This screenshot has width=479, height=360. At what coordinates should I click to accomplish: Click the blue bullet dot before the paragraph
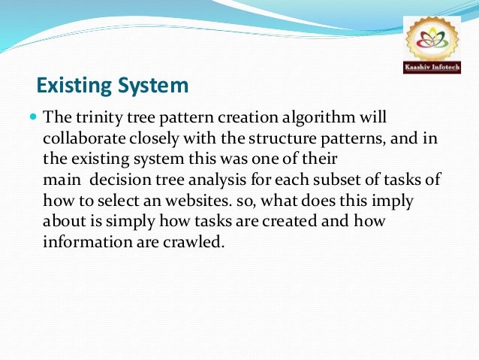pos(33,118)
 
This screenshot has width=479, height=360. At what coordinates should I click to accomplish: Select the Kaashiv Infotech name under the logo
pos(432,68)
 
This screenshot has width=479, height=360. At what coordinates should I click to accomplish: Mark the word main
pos(59,181)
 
